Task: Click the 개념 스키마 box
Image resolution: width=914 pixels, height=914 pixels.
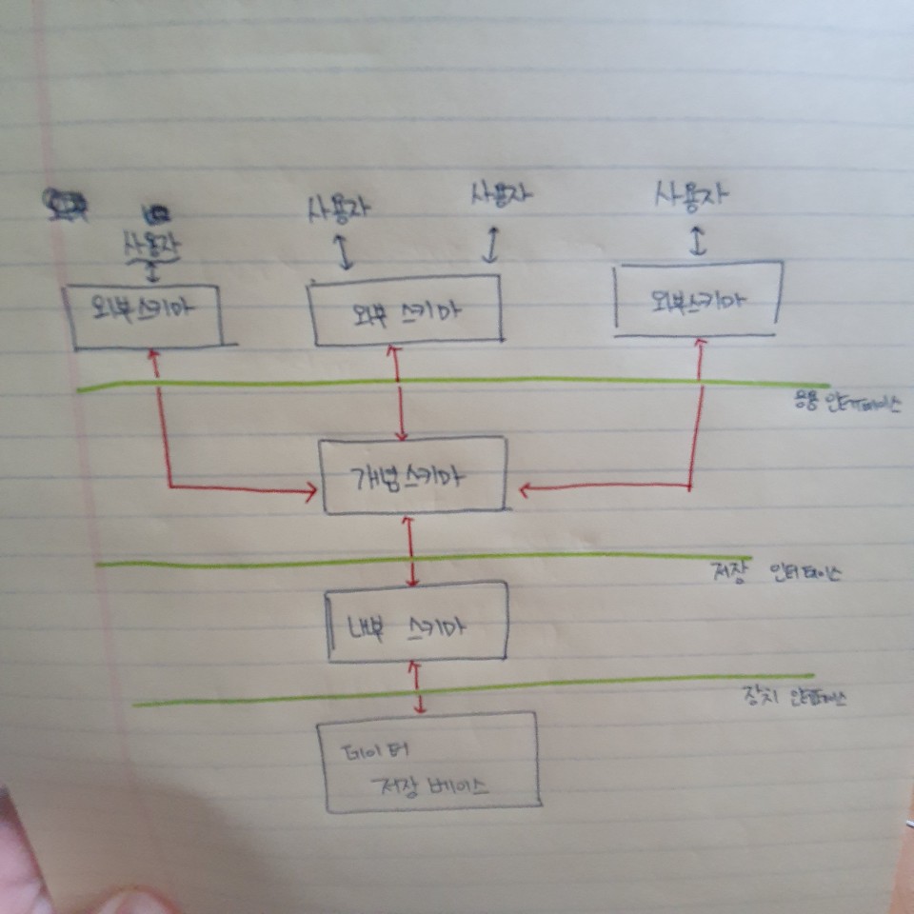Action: tap(412, 475)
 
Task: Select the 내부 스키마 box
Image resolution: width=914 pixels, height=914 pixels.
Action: tap(417, 623)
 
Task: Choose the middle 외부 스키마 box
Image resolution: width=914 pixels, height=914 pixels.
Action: tap(407, 308)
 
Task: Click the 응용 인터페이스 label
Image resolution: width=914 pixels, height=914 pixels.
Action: tap(846, 405)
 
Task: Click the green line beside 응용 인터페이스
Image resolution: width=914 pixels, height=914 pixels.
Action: tap(438, 383)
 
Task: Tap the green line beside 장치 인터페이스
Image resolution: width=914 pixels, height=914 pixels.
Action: tap(457, 690)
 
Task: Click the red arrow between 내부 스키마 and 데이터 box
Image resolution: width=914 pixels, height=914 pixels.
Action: tap(419, 687)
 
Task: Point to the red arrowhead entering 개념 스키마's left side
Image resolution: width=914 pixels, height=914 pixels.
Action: tap(309, 491)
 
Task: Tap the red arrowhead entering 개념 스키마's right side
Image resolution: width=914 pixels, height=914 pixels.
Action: tap(525, 489)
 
